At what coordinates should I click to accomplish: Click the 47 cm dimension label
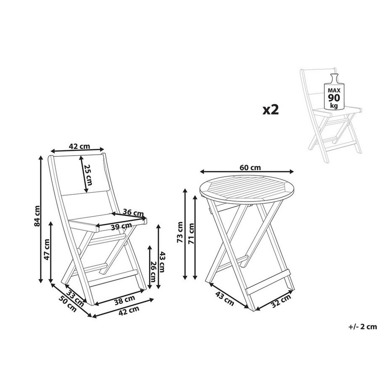pyautogui.click(x=47, y=249)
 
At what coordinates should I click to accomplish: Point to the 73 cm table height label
pyautogui.click(x=180, y=233)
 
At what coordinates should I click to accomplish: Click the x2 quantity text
pyautogui.click(x=271, y=110)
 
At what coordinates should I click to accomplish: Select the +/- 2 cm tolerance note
pyautogui.click(x=362, y=326)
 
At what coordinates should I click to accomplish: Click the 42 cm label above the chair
pyautogui.click(x=79, y=146)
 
